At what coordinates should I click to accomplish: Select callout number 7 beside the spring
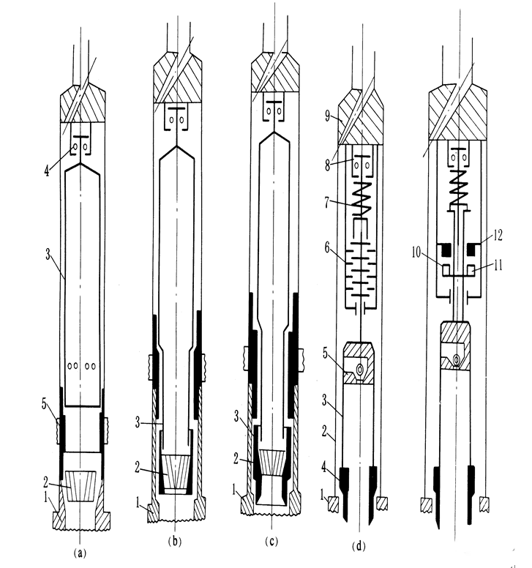click(x=331, y=203)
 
